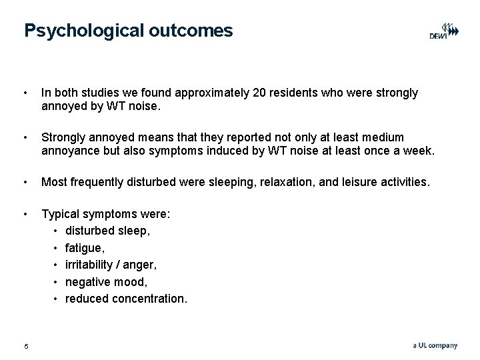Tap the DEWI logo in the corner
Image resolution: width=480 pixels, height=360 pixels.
[x=443, y=32]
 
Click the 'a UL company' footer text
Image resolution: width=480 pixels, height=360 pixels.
[x=435, y=345]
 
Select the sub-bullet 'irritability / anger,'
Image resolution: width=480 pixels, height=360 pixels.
[x=111, y=265]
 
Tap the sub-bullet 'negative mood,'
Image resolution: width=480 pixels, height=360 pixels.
[x=103, y=282]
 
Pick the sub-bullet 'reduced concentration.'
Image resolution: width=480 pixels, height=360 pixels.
[x=126, y=298]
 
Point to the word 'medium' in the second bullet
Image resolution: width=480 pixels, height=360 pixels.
[x=402, y=137]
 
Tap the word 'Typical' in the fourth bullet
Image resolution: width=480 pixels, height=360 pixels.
[x=61, y=215]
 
